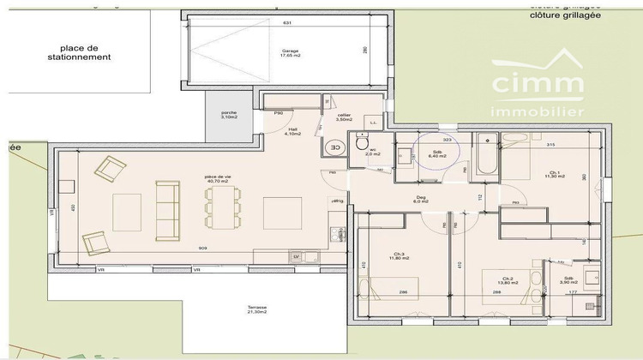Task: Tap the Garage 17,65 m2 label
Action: point(290,53)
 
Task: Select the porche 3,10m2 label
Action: point(228,115)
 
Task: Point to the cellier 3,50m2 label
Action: point(344,117)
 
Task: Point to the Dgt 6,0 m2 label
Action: point(421,199)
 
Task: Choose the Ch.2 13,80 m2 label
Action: point(508,280)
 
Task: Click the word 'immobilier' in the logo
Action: point(537,111)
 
